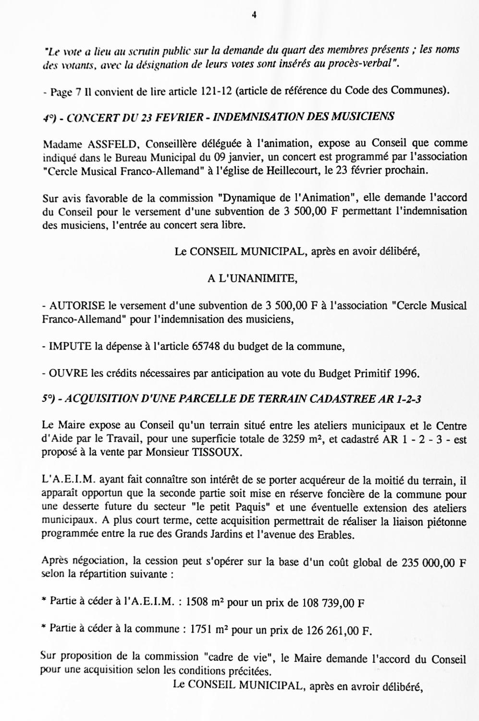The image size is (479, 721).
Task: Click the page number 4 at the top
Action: (x=254, y=15)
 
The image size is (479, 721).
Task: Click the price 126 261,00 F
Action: (x=340, y=631)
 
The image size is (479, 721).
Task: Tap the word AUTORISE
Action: (x=77, y=306)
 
